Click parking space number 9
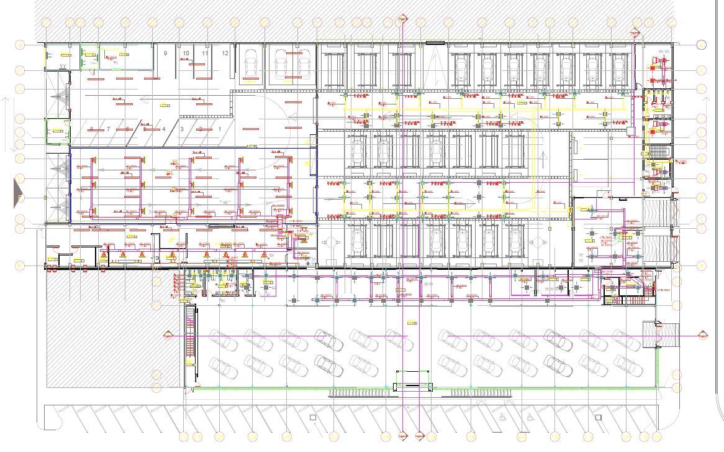(x=165, y=53)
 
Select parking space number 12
(x=225, y=53)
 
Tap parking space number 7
(x=108, y=129)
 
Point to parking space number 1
(x=219, y=129)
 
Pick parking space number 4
(x=164, y=129)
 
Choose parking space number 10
(x=186, y=53)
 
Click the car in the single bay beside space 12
(x=251, y=64)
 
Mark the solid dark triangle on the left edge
(x=18, y=192)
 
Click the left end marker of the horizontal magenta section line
(x=168, y=336)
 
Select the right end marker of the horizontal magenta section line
(x=703, y=335)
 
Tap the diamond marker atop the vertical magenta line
(x=403, y=19)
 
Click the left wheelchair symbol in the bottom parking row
(x=500, y=418)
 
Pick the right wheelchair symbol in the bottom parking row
(x=530, y=418)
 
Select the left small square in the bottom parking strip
(x=313, y=418)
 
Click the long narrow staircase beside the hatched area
(x=191, y=343)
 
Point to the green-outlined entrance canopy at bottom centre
(x=413, y=380)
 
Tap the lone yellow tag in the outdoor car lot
(x=410, y=321)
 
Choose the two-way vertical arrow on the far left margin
(x=6, y=124)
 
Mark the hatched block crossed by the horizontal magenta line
(x=653, y=334)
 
